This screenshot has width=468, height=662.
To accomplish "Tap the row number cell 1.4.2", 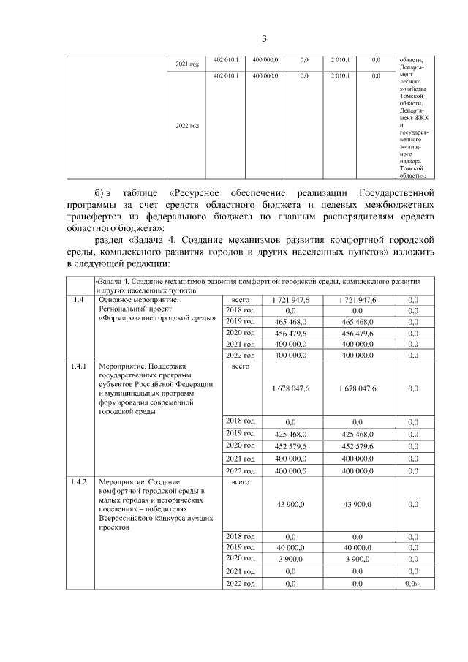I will tap(80, 482).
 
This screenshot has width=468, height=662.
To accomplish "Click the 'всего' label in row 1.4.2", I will tap(240, 482).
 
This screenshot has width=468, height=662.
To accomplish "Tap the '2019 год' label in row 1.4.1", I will tap(240, 434).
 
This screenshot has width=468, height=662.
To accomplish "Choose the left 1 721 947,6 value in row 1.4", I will tap(290, 300).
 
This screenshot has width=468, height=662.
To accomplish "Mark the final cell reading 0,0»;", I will tap(413, 583).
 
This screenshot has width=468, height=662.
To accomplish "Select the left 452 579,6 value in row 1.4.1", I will tap(290, 445).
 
